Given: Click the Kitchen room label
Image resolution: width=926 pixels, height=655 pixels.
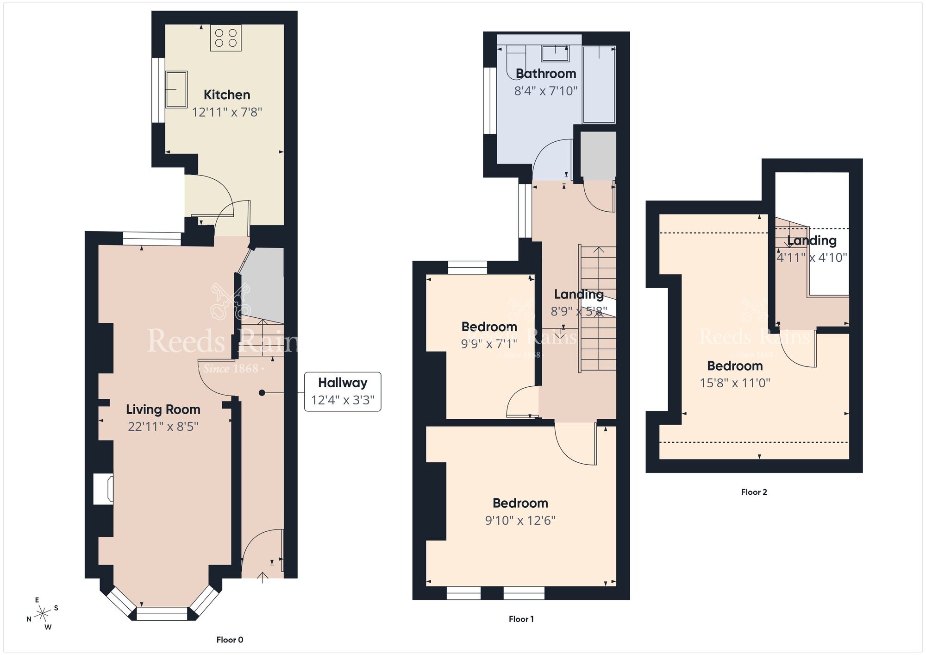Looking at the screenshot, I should click(227, 95).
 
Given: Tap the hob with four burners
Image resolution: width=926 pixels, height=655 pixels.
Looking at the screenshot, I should click(226, 38).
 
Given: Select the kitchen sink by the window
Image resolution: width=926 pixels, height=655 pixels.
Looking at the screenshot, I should click(176, 89).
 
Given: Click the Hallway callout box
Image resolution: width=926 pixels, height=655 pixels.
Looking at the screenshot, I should click(343, 391).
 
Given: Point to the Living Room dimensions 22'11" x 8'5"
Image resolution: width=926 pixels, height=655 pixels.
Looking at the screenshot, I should click(163, 427).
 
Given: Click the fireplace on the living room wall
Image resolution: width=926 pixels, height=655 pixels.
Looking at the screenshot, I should click(103, 489).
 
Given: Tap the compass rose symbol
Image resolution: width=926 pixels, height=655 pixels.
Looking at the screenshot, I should click(43, 614).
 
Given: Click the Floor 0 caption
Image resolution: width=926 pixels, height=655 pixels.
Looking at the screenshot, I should click(230, 640).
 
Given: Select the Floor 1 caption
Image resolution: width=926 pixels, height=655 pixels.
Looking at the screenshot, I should click(521, 619).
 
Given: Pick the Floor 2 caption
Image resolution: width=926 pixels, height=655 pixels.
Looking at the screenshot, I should click(754, 492).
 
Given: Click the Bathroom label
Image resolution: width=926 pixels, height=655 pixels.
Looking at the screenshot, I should click(546, 74).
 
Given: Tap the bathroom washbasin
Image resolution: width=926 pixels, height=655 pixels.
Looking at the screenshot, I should click(555, 53).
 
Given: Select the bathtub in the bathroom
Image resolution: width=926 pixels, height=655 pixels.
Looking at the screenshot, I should click(599, 84).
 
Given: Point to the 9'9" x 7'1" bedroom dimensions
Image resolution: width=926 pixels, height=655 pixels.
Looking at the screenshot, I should click(489, 344).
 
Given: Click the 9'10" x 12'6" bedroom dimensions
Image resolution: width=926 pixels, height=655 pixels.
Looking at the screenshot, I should click(520, 521).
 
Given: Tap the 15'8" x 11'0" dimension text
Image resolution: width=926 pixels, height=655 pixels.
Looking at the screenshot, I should click(735, 383).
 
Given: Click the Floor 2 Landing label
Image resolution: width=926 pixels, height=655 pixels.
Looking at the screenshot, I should click(812, 240).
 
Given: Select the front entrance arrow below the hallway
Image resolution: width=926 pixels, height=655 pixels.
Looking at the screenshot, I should click(263, 578).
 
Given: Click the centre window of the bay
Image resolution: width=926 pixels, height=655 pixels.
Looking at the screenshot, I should click(162, 614).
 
